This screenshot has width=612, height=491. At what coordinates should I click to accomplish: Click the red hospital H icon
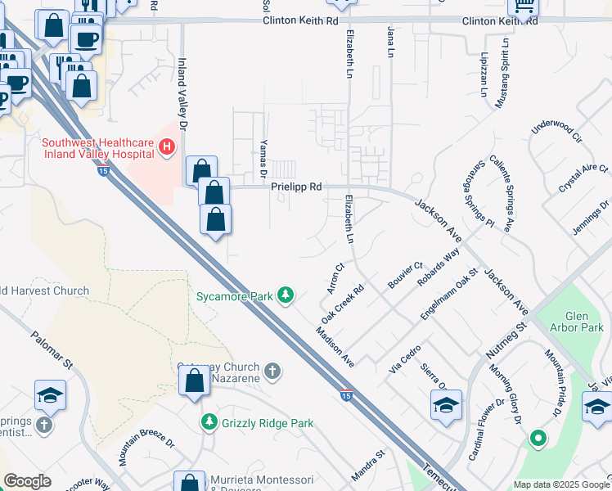pyautogui.click(x=167, y=147)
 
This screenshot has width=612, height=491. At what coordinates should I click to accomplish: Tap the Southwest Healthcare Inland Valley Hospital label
pyautogui.click(x=97, y=148)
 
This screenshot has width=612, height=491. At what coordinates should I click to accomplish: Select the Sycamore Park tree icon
pyautogui.click(x=286, y=295)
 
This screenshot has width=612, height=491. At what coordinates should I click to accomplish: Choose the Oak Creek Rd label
pyautogui.click(x=342, y=303)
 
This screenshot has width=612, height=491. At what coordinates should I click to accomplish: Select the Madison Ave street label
pyautogui.click(x=335, y=347)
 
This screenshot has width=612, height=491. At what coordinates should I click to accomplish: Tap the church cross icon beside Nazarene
pyautogui.click(x=272, y=372)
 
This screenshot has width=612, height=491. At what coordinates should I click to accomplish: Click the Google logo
pyautogui.click(x=27, y=481)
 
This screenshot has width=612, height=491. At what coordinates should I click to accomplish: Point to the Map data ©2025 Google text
pyautogui.click(x=560, y=484)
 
